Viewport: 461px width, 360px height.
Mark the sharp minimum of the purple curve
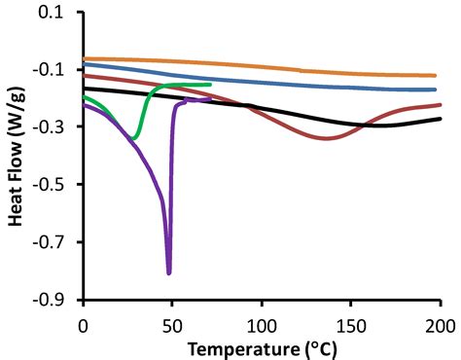[x=169, y=272]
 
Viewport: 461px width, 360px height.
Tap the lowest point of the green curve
[x=132, y=140]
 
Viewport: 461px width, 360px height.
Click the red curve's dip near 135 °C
[x=325, y=138]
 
